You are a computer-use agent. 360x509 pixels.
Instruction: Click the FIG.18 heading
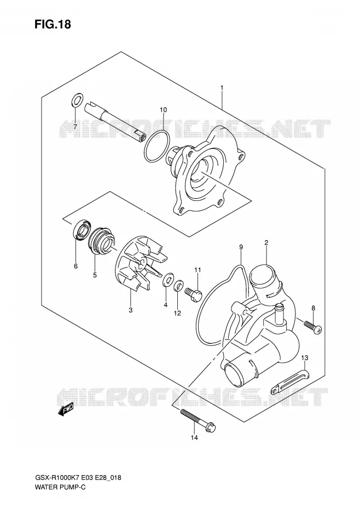53,24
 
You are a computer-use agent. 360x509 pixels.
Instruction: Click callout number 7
75,126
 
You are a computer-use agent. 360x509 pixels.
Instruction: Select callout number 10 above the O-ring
163,109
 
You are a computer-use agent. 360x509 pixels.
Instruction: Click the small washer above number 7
76,100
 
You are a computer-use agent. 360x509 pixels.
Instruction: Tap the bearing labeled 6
83,230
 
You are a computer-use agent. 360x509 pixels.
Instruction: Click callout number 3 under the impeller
131,310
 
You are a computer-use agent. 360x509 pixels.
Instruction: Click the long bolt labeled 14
198,420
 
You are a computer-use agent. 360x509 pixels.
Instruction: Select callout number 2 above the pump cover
266,242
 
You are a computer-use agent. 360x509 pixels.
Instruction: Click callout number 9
241,247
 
